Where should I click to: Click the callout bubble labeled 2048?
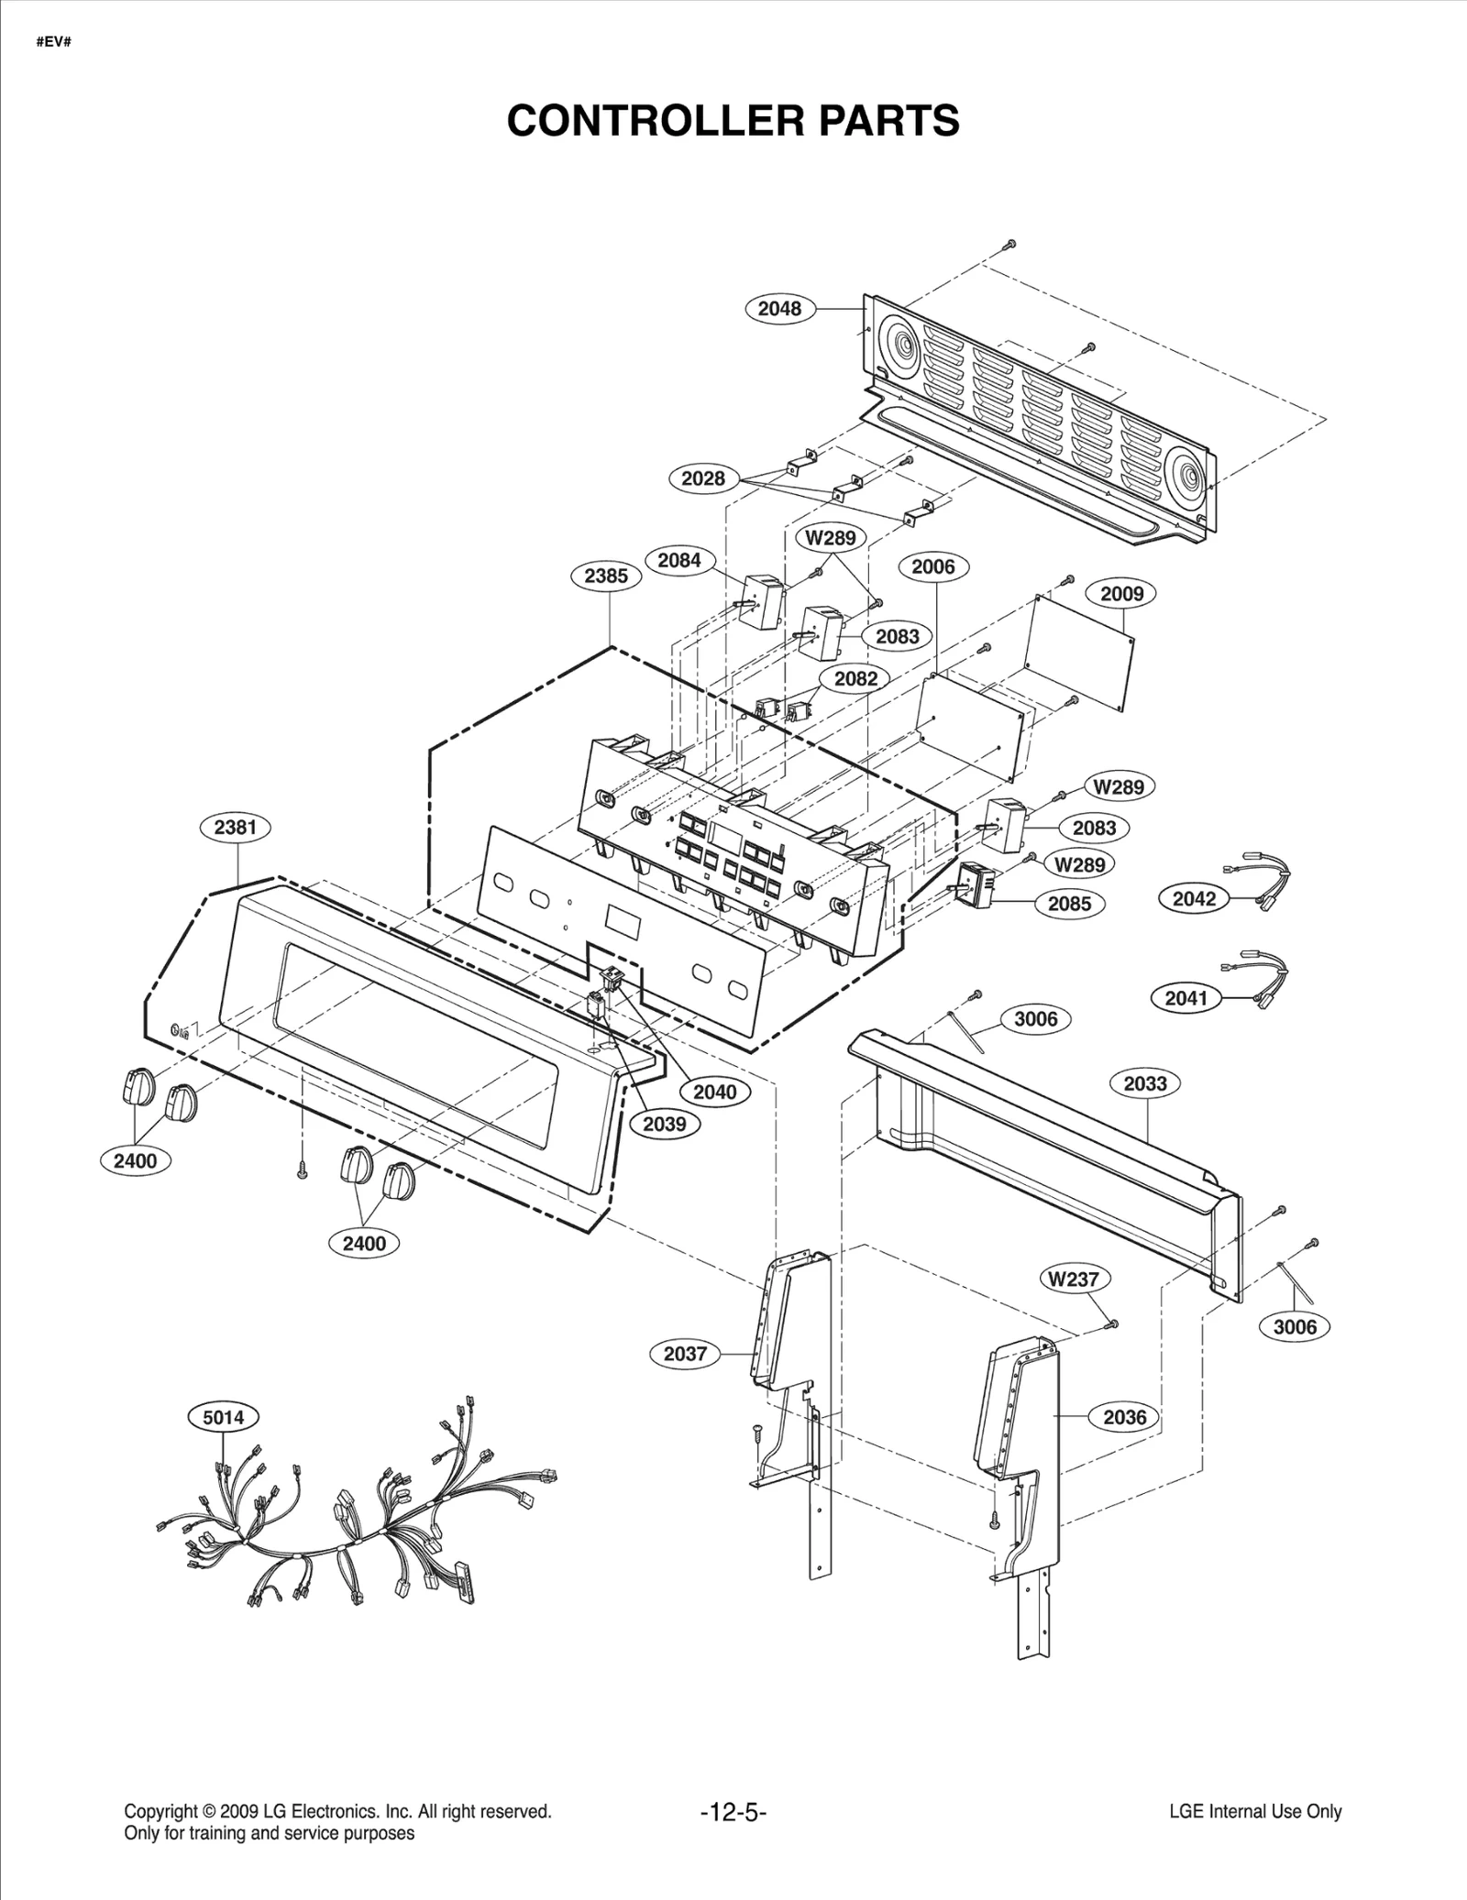click(779, 309)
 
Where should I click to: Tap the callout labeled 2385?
click(606, 576)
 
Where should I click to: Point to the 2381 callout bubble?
click(236, 828)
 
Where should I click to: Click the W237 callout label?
click(1075, 1279)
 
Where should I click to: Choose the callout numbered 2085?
click(1069, 904)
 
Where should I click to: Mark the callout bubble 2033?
click(1145, 1083)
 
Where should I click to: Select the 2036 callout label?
click(1124, 1417)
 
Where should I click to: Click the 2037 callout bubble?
click(685, 1354)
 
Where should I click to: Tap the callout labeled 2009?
click(1121, 594)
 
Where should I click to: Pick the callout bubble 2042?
click(1194, 899)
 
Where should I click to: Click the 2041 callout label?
click(1186, 998)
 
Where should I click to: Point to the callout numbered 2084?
click(679, 561)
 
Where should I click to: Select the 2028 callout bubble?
click(703, 478)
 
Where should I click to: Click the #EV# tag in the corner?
click(53, 42)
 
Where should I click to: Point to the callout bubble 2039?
click(664, 1124)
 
